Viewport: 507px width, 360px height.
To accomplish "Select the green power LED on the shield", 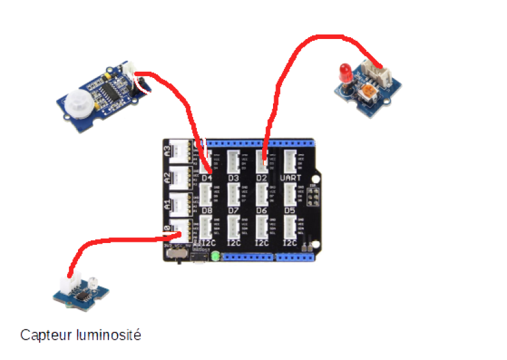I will [215, 256].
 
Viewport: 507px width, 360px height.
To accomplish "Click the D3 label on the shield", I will [233, 178].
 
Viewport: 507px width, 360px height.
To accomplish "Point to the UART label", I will [291, 178].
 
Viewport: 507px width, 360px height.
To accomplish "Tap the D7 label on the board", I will [233, 210].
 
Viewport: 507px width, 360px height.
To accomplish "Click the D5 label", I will [290, 210].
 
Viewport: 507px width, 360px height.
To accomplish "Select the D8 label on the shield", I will [207, 210].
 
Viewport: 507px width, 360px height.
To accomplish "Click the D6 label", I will [261, 210].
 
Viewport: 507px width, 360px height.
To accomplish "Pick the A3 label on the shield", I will [168, 152].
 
